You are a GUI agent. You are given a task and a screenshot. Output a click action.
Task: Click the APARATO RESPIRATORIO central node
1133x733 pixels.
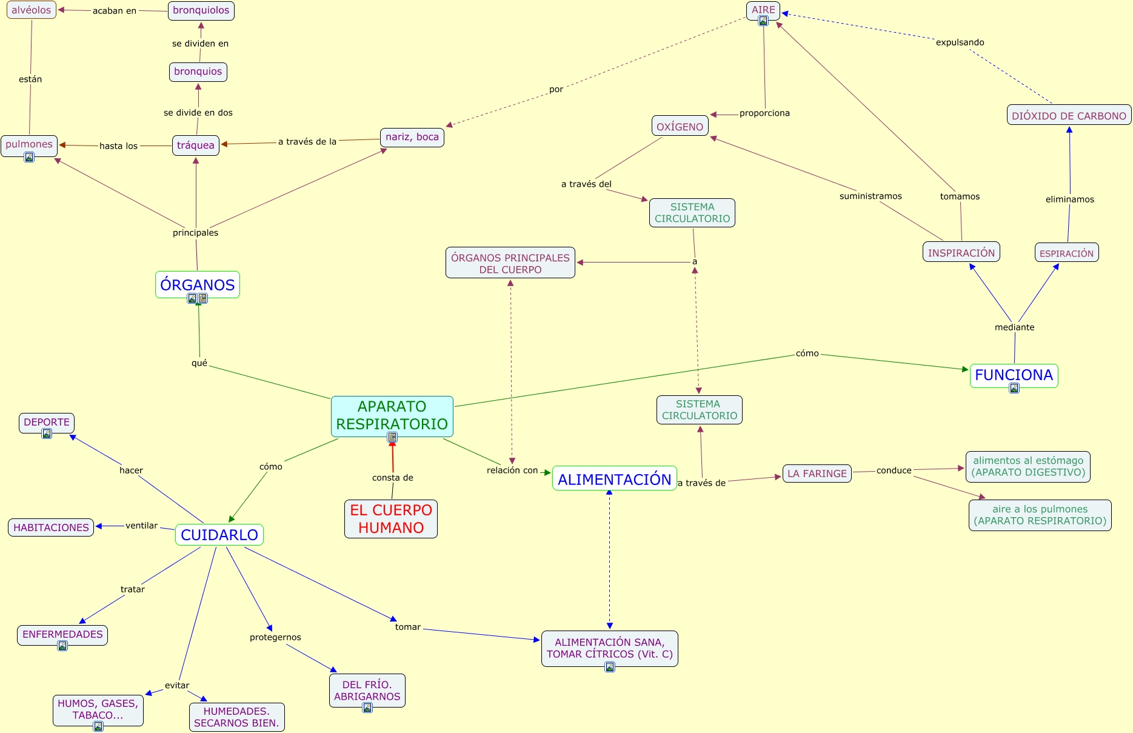point(392,415)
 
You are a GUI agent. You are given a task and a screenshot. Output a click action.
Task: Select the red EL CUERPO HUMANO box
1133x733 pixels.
point(391,518)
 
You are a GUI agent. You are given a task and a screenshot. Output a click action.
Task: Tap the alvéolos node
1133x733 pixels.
point(32,10)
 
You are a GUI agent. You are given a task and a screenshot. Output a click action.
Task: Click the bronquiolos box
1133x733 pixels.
point(201,10)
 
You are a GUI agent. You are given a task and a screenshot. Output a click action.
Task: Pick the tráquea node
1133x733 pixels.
point(196,145)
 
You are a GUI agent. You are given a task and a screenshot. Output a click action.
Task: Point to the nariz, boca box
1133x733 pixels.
point(412,137)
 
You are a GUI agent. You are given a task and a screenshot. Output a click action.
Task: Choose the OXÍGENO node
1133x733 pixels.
point(680,126)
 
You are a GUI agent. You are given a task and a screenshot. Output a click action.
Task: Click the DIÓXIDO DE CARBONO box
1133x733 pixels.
point(1069,115)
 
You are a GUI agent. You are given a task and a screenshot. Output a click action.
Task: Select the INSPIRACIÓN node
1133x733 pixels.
point(961,252)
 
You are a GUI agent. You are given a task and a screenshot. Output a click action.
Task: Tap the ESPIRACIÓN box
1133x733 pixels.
point(1066,253)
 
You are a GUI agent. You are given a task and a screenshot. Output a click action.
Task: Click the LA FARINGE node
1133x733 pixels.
point(817,474)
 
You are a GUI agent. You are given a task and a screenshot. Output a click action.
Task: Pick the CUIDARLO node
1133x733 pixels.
point(219,535)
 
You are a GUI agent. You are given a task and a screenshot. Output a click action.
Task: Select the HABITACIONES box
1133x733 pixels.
point(51,527)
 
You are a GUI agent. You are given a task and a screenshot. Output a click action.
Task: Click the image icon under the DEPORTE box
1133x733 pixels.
point(47,434)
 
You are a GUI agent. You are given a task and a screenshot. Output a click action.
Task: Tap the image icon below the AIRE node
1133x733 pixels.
point(763,21)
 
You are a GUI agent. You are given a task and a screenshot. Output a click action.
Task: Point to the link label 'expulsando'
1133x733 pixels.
point(960,42)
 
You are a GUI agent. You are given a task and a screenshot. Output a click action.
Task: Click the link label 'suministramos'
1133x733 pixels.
point(871,196)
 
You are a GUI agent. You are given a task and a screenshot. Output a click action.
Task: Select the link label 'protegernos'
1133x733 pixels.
point(275,637)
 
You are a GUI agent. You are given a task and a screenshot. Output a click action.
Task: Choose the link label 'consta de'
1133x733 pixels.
point(393,478)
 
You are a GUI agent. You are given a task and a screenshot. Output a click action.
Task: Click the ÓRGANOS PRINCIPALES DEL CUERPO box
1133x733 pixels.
point(510,263)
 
